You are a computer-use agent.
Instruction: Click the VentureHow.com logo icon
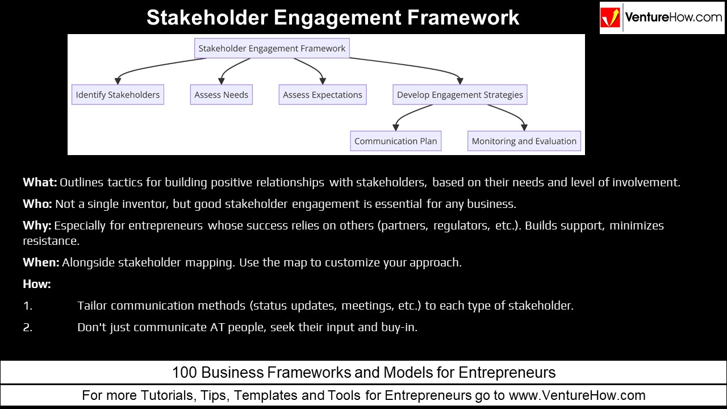point(611,18)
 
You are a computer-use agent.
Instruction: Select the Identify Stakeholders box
point(118,95)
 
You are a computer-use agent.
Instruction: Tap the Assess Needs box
point(221,95)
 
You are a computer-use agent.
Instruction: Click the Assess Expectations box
point(323,95)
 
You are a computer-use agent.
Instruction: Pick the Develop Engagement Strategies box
point(460,95)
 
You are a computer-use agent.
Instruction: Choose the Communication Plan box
point(396,141)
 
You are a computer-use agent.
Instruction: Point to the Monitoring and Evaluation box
point(524,141)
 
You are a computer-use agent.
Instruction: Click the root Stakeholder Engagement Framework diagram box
point(271,48)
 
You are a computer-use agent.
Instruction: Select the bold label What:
point(40,183)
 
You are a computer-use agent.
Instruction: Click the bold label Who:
point(37,204)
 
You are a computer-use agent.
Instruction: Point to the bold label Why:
point(37,226)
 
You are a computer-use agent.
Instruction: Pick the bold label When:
point(41,263)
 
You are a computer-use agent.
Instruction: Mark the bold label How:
point(37,284)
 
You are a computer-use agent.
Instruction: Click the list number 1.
point(27,306)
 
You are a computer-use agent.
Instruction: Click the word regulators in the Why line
point(459,226)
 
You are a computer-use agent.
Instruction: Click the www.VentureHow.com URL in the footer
point(577,395)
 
